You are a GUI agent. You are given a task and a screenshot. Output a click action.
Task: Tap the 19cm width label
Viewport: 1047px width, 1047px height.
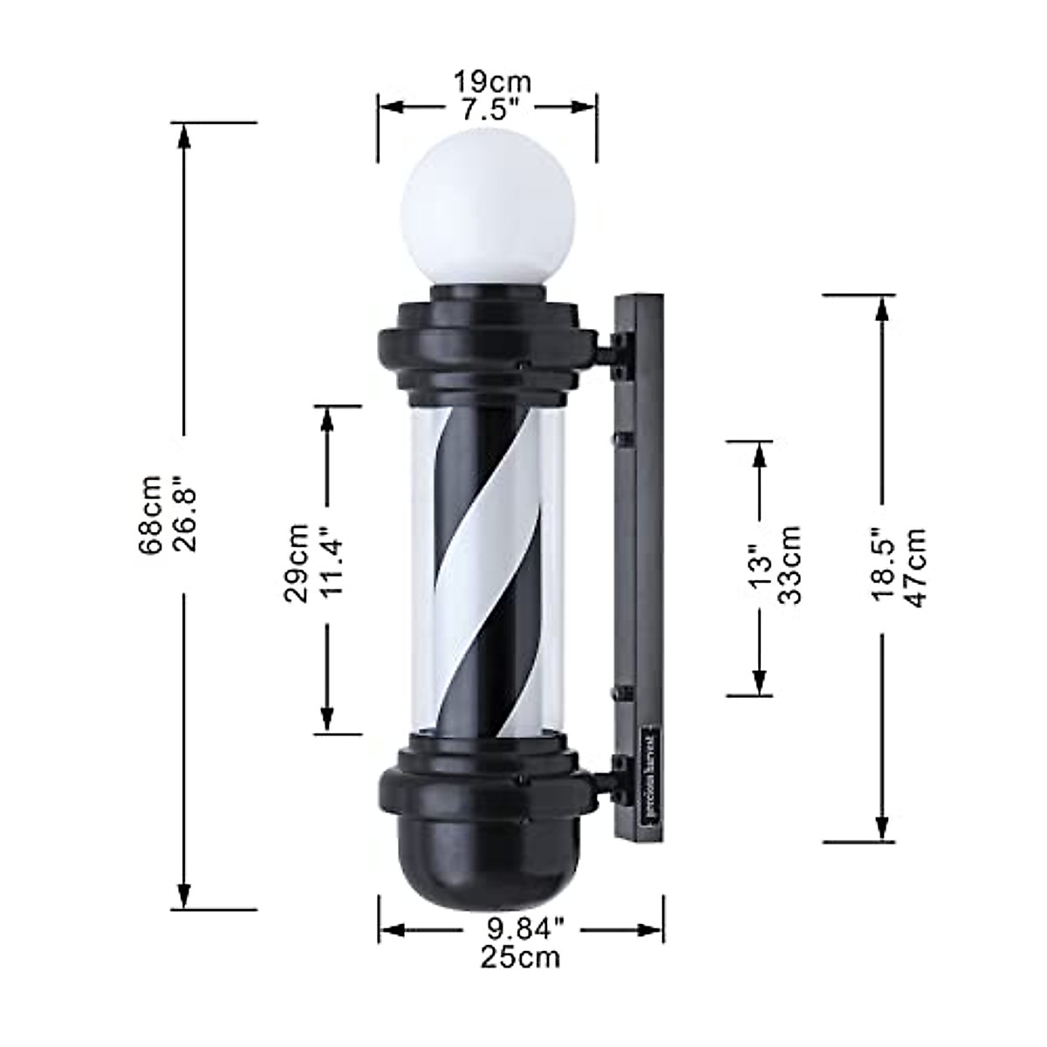pyautogui.click(x=491, y=82)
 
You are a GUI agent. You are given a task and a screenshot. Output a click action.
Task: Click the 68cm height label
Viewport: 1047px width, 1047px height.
pyautogui.click(x=150, y=515)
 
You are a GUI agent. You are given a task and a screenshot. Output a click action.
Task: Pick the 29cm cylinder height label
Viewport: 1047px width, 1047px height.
pyautogui.click(x=297, y=563)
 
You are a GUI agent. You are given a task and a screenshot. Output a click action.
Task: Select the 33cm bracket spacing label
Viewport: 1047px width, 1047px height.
pyautogui.click(x=790, y=565)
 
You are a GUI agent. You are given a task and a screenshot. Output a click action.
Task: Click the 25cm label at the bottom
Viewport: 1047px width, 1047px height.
pyautogui.click(x=520, y=956)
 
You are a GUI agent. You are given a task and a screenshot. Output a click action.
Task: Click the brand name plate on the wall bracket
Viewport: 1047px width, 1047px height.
pyautogui.click(x=650, y=773)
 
